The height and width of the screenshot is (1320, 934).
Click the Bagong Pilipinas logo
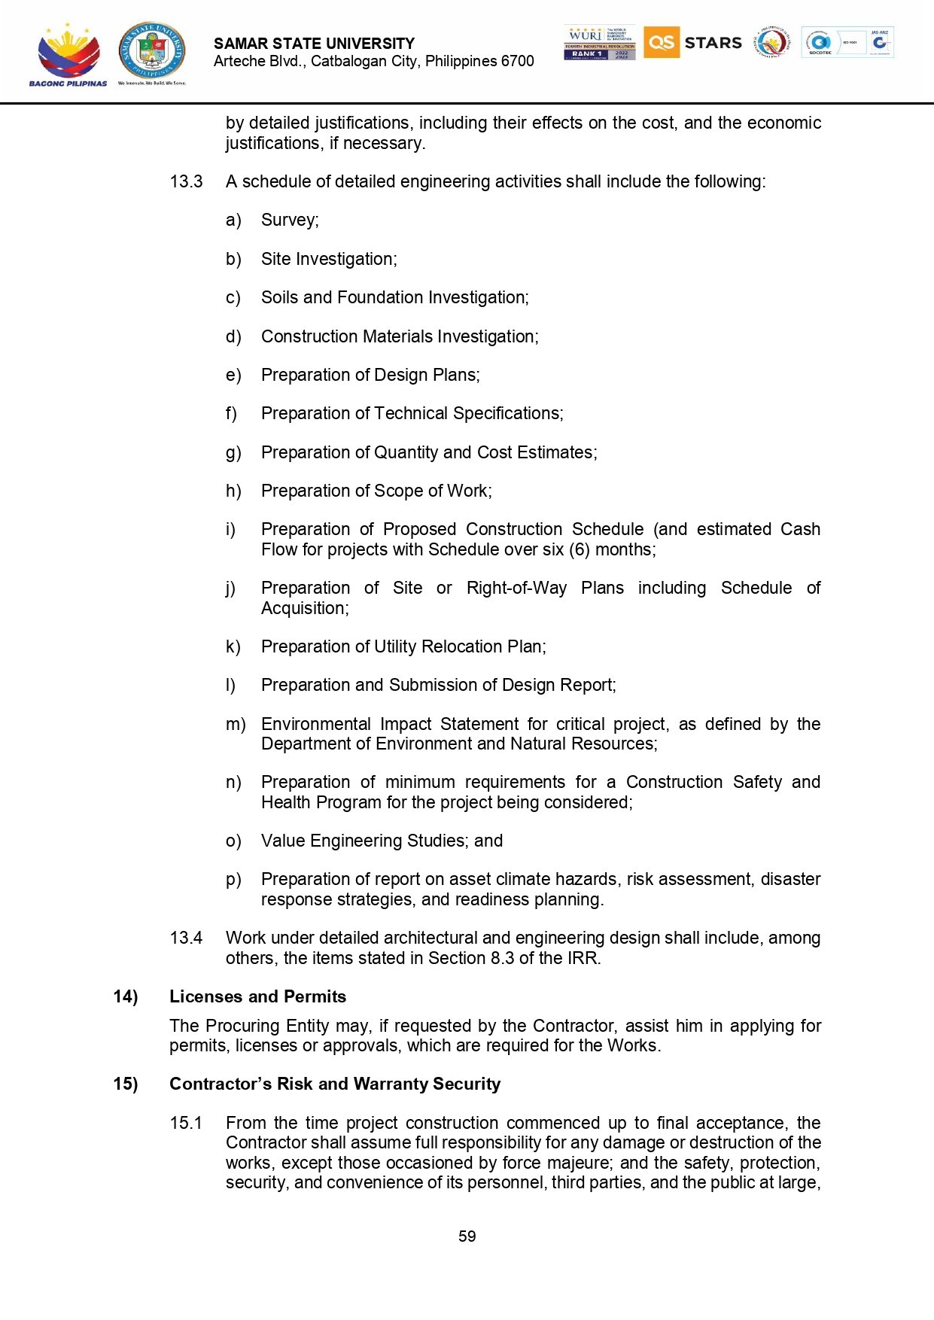pyautogui.click(x=68, y=54)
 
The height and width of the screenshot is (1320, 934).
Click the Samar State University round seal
pyautogui.click(x=152, y=50)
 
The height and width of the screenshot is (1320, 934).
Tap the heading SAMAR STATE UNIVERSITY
pyautogui.click(x=314, y=44)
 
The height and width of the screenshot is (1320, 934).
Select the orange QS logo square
pyautogui.click(x=661, y=42)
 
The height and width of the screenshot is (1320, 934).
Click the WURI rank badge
pyautogui.click(x=599, y=43)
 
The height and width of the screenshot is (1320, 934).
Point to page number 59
pyautogui.click(x=467, y=1236)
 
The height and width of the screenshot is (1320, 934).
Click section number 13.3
pyautogui.click(x=186, y=181)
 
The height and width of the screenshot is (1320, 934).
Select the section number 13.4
pyautogui.click(x=186, y=938)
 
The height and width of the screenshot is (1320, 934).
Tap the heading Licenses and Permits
pyautogui.click(x=257, y=996)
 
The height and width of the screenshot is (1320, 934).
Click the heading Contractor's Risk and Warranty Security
pyautogui.click(x=335, y=1084)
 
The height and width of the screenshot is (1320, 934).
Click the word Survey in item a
pyautogui.click(x=288, y=220)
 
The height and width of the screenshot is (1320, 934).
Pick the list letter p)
pyautogui.click(x=233, y=879)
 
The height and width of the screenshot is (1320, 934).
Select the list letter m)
pyautogui.click(x=236, y=724)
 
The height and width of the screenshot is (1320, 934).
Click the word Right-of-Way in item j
pyautogui.click(x=516, y=588)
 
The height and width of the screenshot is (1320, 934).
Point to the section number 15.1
pyautogui.click(x=186, y=1123)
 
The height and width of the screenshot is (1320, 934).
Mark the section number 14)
pyautogui.click(x=126, y=996)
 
